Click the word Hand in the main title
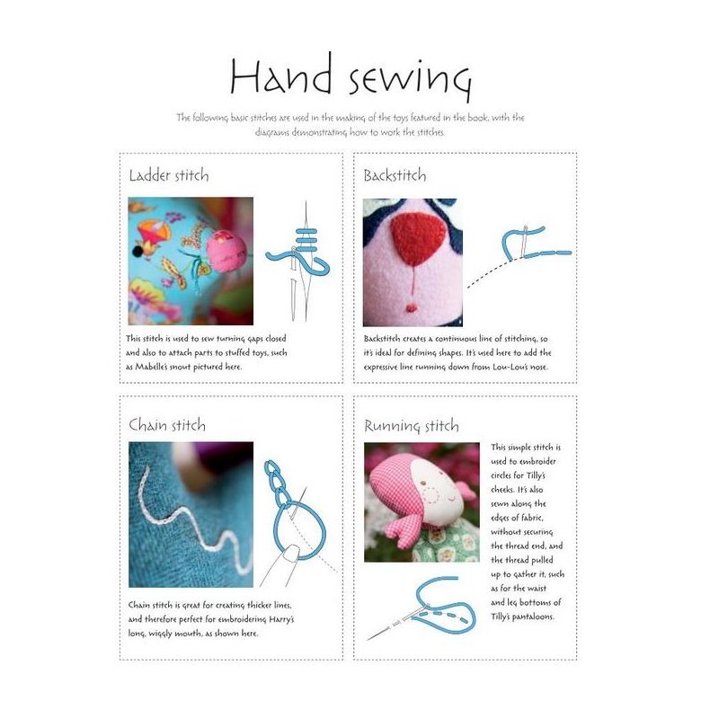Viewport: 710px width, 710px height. (280, 74)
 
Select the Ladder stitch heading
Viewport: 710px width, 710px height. (169, 175)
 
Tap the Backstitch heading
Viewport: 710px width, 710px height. (395, 175)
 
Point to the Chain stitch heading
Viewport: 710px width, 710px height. (167, 425)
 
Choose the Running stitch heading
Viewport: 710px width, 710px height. (412, 426)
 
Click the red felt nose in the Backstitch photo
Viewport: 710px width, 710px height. (417, 239)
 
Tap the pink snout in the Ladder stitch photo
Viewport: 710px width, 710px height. (226, 251)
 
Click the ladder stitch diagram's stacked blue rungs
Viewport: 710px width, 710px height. (306, 240)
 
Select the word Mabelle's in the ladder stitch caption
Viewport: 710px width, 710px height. (154, 367)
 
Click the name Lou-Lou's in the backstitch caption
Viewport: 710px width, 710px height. (510, 367)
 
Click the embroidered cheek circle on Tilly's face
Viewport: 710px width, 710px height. (430, 496)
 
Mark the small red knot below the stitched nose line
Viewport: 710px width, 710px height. (412, 308)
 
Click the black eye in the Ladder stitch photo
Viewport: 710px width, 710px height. (138, 251)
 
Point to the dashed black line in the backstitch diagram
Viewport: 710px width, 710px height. (489, 273)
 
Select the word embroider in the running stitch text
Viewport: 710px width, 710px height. (537, 461)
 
